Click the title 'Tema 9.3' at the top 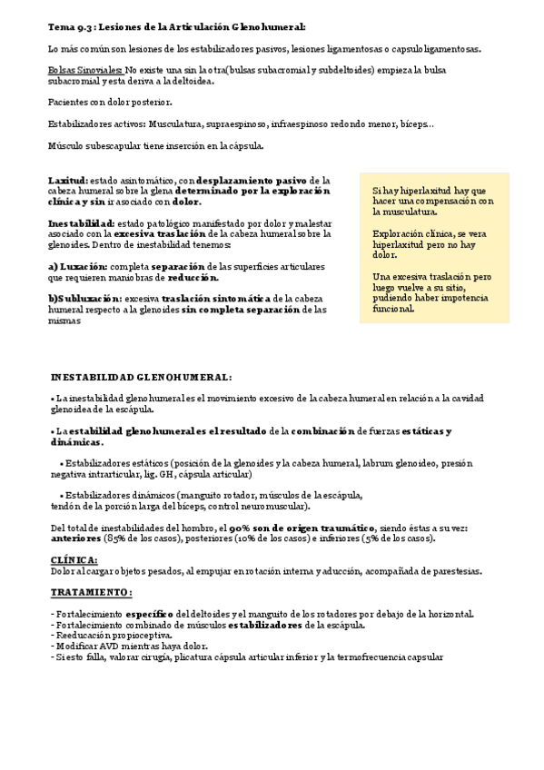point(71,28)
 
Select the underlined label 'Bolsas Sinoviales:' point(85,69)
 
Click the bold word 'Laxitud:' point(68,181)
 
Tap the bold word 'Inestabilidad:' point(82,223)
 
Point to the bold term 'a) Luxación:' point(77,266)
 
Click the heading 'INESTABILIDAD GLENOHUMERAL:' point(141,377)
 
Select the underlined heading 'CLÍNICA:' point(74,560)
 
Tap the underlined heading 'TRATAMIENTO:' point(91,592)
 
